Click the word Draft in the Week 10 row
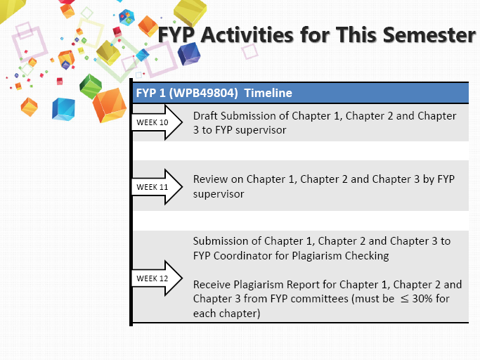[207, 116]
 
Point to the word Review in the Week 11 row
[211, 179]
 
